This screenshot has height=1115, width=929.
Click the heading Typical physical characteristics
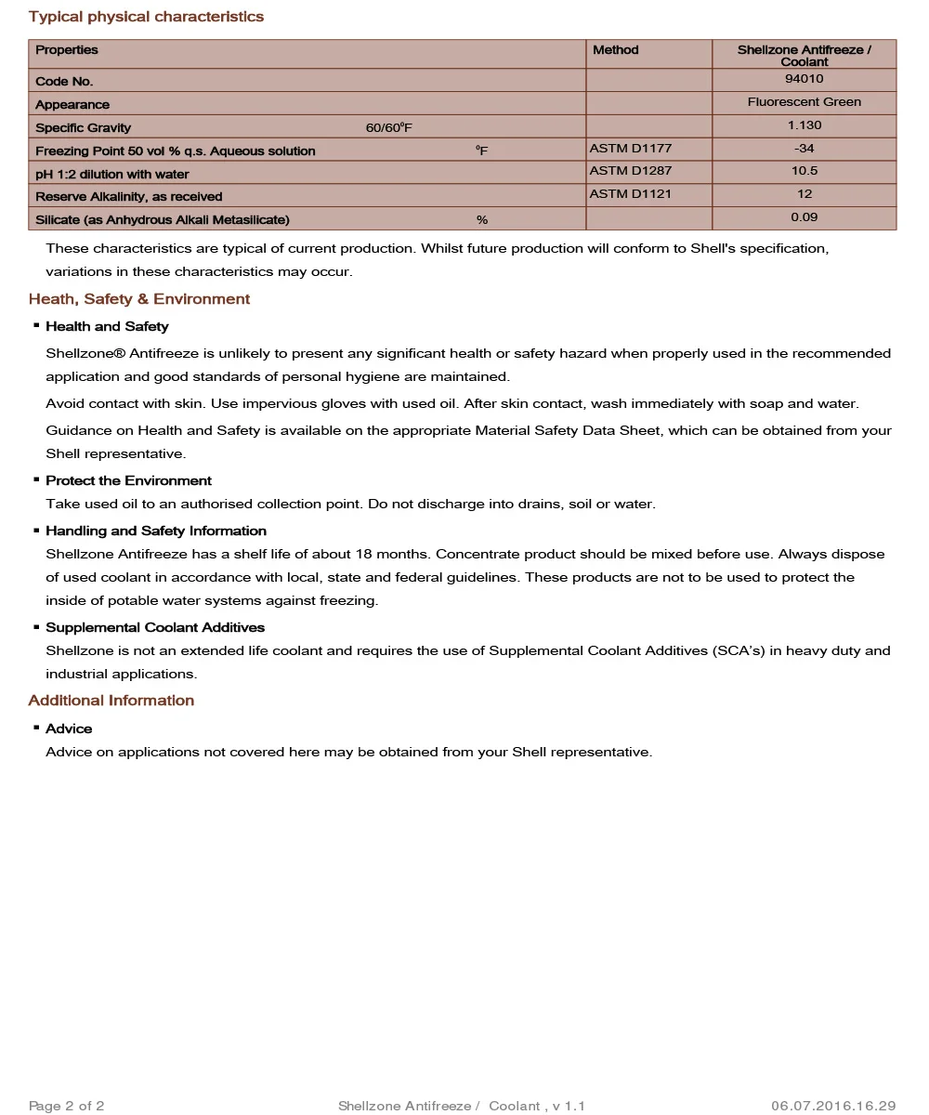pyautogui.click(x=146, y=17)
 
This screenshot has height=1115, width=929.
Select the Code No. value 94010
pyautogui.click(x=804, y=79)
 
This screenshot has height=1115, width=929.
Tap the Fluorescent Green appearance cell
pyautogui.click(x=804, y=102)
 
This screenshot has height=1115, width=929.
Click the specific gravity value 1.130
pyautogui.click(x=804, y=125)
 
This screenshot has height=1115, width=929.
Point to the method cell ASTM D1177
pyautogui.click(x=631, y=148)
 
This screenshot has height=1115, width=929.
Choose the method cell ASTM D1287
pyautogui.click(x=631, y=171)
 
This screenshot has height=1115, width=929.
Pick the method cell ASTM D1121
pyautogui.click(x=631, y=194)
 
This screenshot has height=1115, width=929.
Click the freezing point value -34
pyautogui.click(x=804, y=149)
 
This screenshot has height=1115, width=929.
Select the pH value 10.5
pyautogui.click(x=804, y=171)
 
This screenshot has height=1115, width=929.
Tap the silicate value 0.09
pyautogui.click(x=804, y=217)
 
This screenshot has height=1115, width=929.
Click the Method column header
pyautogui.click(x=616, y=50)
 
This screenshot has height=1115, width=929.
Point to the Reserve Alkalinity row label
pyautogui.click(x=129, y=197)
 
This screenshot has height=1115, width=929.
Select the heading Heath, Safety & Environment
pyautogui.click(x=139, y=299)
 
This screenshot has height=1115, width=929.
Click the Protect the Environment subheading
pyautogui.click(x=128, y=480)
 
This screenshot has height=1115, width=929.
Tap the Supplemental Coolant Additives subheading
pyautogui.click(x=155, y=627)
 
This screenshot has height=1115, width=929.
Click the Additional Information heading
pyautogui.click(x=111, y=701)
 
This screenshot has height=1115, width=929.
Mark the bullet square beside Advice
pyautogui.click(x=36, y=728)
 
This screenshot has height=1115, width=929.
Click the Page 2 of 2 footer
pyautogui.click(x=67, y=1106)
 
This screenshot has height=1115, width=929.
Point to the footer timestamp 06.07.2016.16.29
pyautogui.click(x=833, y=1106)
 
